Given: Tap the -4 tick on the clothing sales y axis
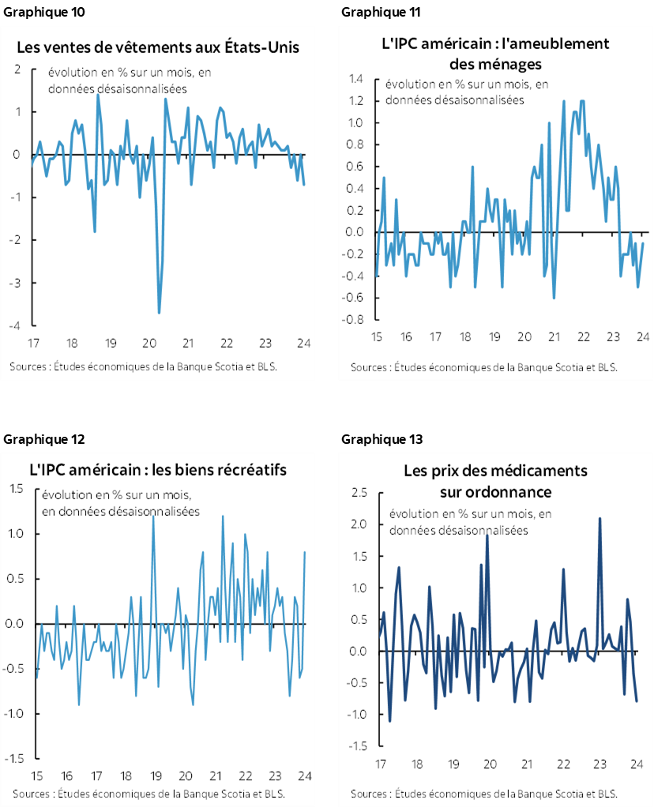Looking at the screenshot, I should tap(16, 325).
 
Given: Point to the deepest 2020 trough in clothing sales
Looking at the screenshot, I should tap(159, 313).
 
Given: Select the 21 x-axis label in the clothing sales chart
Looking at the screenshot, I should tap(188, 344).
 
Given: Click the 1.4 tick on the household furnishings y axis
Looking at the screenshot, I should tap(354, 79).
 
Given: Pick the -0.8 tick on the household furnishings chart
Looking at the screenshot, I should tap(352, 320).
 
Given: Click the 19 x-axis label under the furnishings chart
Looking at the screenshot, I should tap(495, 337).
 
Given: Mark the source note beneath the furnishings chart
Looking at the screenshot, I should tap(484, 367).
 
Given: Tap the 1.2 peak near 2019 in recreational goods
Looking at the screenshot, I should tap(152, 516).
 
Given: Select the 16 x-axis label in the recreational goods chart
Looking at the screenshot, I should tap(66, 776).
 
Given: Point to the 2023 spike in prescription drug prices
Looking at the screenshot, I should tap(600, 519).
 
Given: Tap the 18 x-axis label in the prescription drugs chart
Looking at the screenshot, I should tap(416, 765).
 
